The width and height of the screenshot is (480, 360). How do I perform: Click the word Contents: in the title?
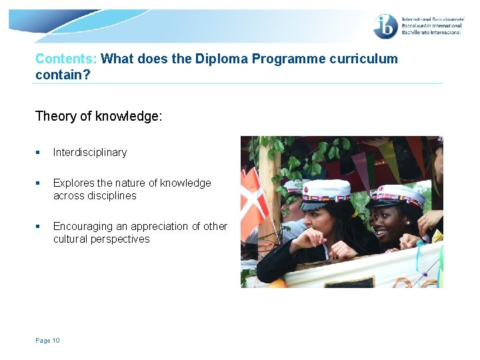coord(66,59)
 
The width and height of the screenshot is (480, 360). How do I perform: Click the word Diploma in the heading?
coord(220,59)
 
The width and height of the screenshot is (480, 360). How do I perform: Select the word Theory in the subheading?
coord(55,116)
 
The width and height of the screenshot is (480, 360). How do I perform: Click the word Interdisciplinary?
coord(90,152)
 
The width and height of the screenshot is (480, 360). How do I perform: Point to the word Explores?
coord(74,183)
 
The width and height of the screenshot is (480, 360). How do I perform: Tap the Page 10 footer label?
coord(47,341)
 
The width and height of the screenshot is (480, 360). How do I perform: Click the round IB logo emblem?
coord(386,26)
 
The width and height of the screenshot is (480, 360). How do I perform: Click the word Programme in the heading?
coord(294,59)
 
